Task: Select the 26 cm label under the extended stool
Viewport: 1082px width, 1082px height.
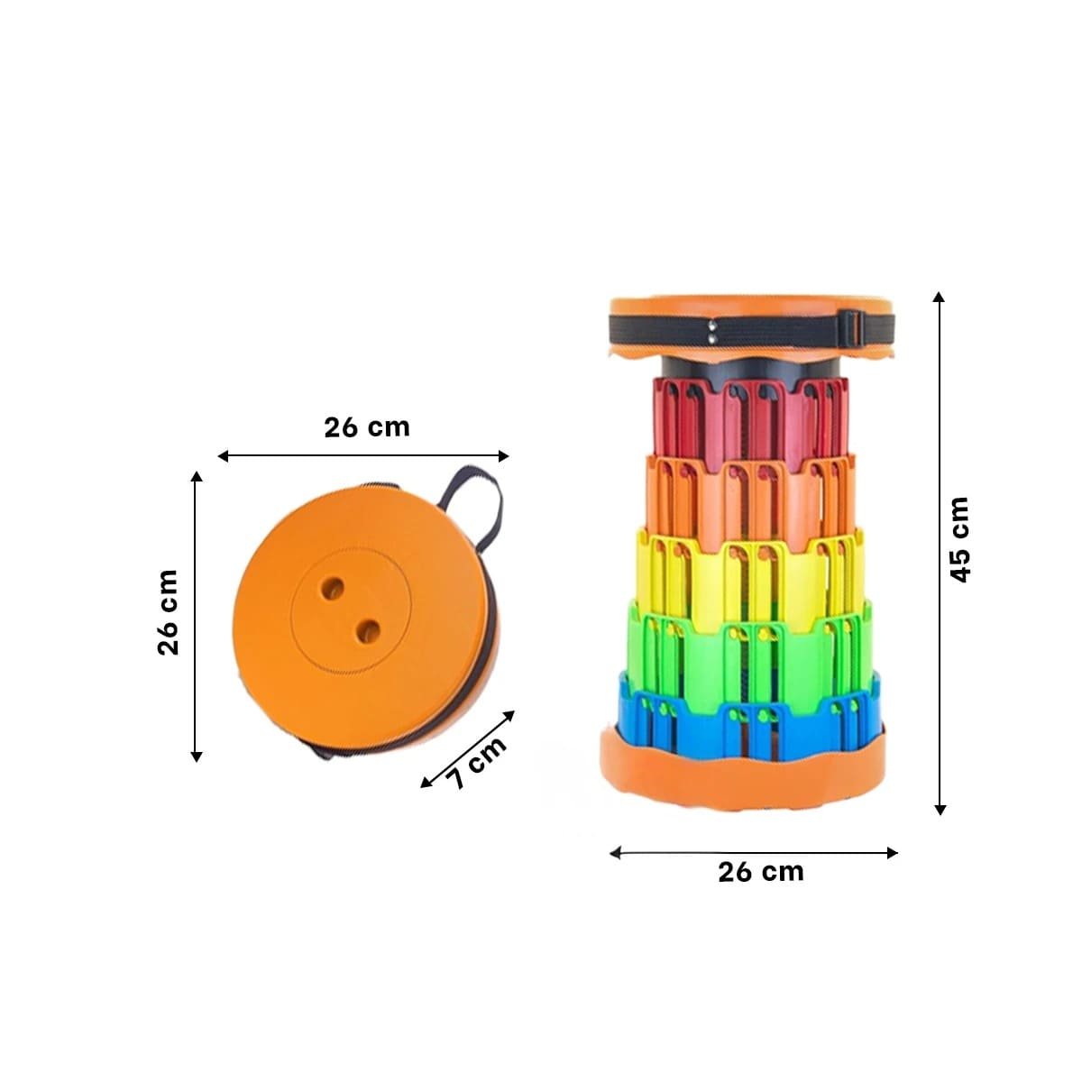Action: [x=761, y=872]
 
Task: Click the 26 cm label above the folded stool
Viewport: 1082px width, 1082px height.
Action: [x=367, y=428]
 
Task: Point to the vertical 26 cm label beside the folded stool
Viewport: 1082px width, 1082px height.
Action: [x=168, y=612]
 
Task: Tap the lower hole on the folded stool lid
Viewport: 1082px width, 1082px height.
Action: [x=369, y=632]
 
